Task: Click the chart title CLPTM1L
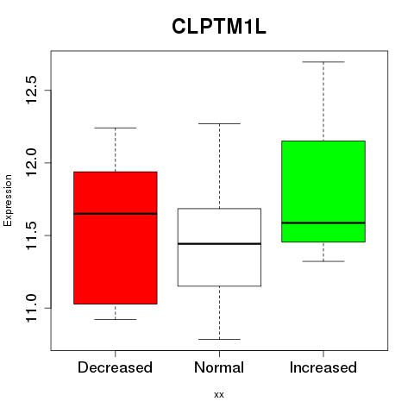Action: coord(219,27)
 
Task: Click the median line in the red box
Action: coord(116,214)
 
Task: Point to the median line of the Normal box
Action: coord(219,244)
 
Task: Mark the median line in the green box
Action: coord(323,223)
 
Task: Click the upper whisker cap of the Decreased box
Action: coord(116,128)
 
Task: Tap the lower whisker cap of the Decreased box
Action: coord(116,319)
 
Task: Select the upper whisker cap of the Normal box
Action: coord(219,123)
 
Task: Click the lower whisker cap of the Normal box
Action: coord(219,339)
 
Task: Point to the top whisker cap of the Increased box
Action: coord(323,62)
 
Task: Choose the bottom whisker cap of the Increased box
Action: coord(323,261)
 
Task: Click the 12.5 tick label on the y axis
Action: coord(30,90)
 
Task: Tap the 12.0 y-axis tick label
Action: coord(30,163)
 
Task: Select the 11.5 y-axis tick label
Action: coord(30,235)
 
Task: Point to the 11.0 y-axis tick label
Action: coord(30,308)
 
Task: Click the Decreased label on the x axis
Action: coord(115,367)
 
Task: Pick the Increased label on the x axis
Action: coord(323,367)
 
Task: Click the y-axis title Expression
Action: coord(8,200)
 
